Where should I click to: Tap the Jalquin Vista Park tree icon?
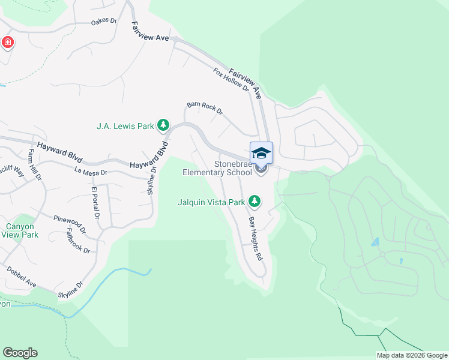(x=255, y=202)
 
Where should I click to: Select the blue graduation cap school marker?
(x=261, y=153)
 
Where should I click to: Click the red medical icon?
(x=8, y=42)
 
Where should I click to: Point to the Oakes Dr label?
(x=103, y=21)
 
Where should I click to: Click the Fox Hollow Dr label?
(x=231, y=79)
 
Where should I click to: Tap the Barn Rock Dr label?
(x=205, y=108)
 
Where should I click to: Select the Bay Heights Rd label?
(x=256, y=238)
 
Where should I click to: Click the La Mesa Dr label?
(x=91, y=172)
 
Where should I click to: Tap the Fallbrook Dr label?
(x=78, y=241)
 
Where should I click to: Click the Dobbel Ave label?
(x=22, y=277)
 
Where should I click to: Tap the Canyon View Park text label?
(x=22, y=230)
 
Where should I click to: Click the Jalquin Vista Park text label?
(x=212, y=202)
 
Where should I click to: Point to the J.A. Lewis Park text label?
(x=125, y=126)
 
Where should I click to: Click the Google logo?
(x=20, y=353)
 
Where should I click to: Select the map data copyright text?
(x=412, y=355)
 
